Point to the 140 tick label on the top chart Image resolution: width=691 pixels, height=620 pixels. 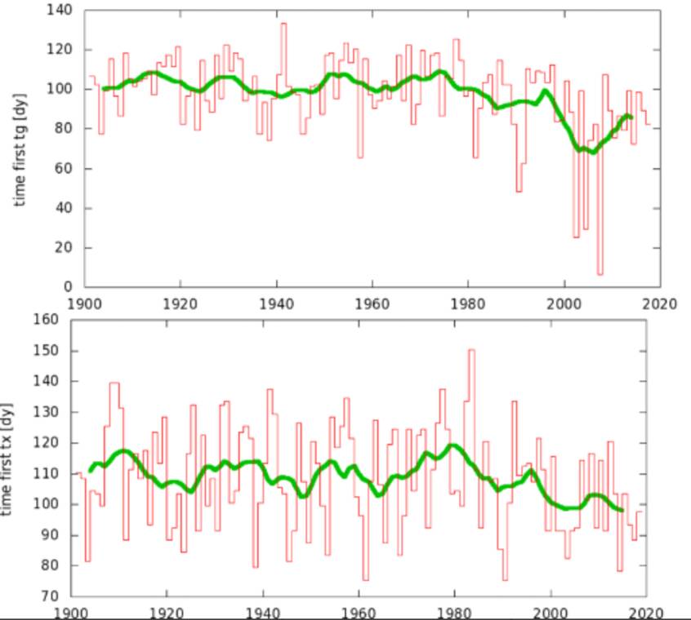point(62,10)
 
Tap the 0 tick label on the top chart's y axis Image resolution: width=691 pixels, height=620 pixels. point(69,287)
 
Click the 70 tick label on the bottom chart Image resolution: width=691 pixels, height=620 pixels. point(55,596)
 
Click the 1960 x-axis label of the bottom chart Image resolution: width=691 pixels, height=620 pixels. point(359,613)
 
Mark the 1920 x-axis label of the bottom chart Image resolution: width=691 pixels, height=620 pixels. point(167,613)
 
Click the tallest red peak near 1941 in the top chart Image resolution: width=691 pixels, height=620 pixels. point(283,24)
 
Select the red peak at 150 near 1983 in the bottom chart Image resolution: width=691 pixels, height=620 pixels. point(471,350)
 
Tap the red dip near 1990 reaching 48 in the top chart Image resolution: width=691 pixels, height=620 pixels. point(518,191)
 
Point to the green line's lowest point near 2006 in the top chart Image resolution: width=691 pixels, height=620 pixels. point(592,152)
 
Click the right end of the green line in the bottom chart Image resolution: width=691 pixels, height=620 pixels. point(622,511)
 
